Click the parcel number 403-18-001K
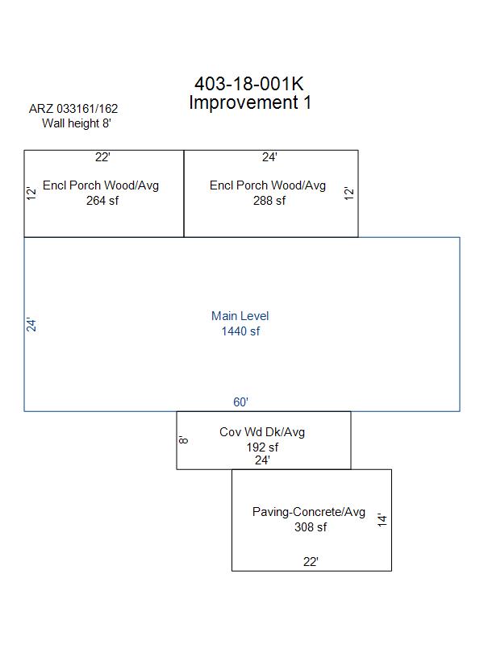249,84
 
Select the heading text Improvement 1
250,102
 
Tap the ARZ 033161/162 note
73,109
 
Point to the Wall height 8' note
77,123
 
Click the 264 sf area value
102,201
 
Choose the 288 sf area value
269,201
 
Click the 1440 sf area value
240,331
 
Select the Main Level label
240,316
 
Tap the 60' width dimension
240,402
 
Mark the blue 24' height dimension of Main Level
31,325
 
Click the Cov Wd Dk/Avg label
262,432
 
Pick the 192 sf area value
262,447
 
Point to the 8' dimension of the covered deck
183,440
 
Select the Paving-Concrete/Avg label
309,512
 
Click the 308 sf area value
311,527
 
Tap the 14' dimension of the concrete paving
382,520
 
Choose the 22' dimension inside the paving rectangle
311,561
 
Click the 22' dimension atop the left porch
102,157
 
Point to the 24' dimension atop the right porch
269,157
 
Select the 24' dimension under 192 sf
262,460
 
